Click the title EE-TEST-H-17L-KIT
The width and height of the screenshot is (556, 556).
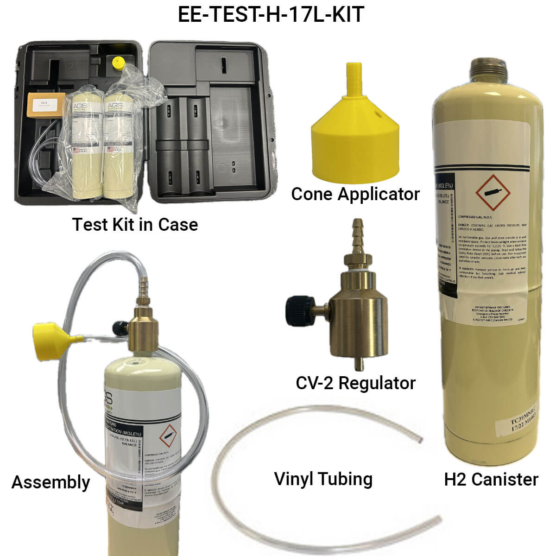point(271,15)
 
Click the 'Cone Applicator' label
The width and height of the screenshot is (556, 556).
point(355,194)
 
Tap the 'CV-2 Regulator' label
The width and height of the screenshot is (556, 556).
point(355,383)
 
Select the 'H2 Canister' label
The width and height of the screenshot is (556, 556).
point(491,479)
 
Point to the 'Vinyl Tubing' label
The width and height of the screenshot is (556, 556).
point(323,479)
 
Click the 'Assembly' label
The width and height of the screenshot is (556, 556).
point(51,482)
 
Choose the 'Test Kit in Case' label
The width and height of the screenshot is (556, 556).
point(135,224)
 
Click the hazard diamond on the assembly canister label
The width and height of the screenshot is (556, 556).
point(168,437)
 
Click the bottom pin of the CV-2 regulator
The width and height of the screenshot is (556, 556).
point(357,362)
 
